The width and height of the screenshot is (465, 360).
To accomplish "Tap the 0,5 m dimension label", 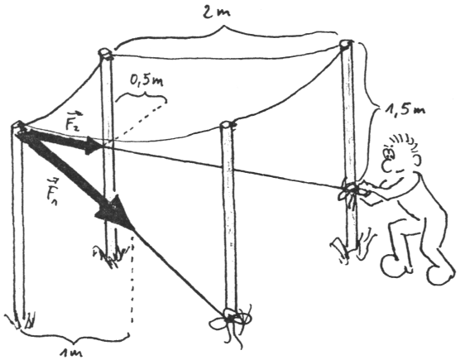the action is click(146, 80).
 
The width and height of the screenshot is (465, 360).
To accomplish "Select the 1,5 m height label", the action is click(405, 109).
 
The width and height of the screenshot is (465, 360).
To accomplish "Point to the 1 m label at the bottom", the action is click(70, 353).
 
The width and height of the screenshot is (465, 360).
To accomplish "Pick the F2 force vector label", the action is click(73, 121).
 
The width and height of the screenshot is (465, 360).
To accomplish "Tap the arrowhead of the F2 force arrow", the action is click(93, 146).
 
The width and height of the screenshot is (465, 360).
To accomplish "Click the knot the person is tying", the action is click(352, 190).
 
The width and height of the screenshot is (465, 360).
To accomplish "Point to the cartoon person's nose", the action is click(387, 166).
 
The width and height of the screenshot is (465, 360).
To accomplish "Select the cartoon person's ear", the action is click(416, 160).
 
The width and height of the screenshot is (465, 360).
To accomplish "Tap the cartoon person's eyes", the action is click(390, 153).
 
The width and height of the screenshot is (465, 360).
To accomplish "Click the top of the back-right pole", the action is click(346, 44).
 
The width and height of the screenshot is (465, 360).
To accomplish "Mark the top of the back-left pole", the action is click(105, 54).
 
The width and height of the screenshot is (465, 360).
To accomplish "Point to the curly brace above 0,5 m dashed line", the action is click(141, 96).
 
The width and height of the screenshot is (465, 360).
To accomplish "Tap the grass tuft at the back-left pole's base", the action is click(110, 254).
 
